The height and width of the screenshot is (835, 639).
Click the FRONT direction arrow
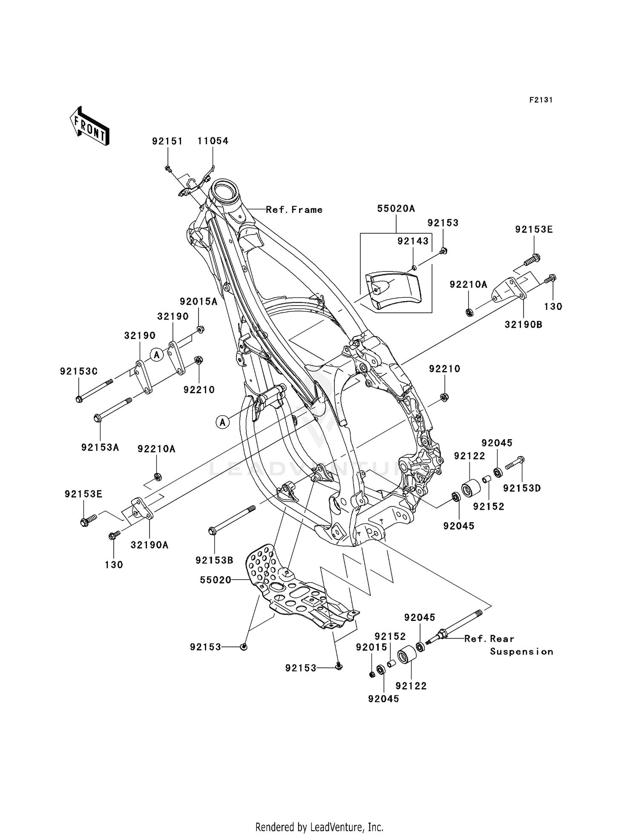tap(89, 127)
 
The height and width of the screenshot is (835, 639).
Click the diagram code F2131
tap(541, 100)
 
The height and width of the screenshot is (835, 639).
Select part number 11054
tap(213, 141)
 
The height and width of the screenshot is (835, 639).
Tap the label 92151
tap(167, 141)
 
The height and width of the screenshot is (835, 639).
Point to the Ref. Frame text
tap(294, 210)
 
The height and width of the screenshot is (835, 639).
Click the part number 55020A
tap(396, 209)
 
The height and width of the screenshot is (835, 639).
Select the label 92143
tap(412, 241)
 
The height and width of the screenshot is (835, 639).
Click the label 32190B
tap(523, 325)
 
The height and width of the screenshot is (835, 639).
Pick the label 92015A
tap(199, 302)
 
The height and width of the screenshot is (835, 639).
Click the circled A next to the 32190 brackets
tap(157, 354)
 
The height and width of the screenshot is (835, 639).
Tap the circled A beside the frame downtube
tap(222, 422)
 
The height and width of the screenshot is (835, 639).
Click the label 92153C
tap(78, 372)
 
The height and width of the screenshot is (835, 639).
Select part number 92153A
tap(100, 447)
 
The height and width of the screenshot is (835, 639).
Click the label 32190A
tap(149, 545)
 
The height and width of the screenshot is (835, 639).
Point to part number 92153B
tap(214, 560)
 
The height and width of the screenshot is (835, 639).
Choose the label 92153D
tap(521, 488)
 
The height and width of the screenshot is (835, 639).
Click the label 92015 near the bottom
tap(371, 647)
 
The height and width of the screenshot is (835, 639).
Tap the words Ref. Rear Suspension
tap(509, 645)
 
